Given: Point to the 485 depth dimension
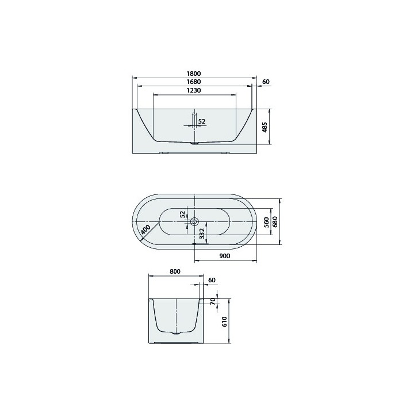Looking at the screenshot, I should pos(264,127).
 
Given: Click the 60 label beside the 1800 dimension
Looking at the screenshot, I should pos(265,82).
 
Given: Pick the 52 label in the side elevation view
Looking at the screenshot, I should pos(202,121).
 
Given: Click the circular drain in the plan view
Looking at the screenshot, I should pos(194,221).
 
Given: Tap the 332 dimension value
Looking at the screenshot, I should pos(202,233).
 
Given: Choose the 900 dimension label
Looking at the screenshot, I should pos(225,256).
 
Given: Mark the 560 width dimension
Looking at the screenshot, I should pos(266,222).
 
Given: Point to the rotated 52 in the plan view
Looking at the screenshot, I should pos(183,214).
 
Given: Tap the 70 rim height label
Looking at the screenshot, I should pos(212,301).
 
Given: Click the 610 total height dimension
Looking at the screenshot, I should pos(224,321).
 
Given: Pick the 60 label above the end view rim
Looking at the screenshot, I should pos(212,280).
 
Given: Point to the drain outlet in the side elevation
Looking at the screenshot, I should pos(194,143).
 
